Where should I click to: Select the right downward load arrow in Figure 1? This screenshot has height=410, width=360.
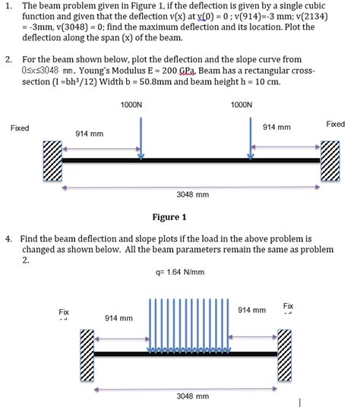(251, 137)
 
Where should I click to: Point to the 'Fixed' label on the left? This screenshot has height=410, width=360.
(20, 128)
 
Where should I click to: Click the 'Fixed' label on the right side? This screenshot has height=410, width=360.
(335, 124)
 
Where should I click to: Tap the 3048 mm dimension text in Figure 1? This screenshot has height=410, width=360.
(192, 194)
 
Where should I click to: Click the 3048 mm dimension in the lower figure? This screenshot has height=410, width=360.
(192, 396)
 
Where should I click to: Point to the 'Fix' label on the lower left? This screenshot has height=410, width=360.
(65, 311)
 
